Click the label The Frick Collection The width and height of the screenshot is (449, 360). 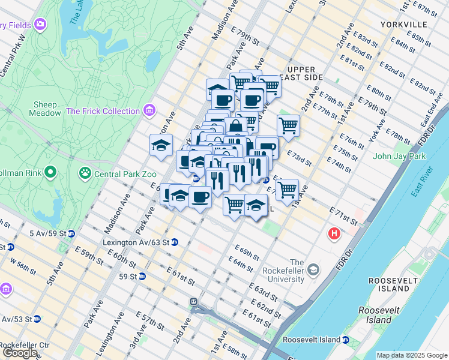tap(103, 111)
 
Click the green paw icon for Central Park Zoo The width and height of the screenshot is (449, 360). tap(85, 174)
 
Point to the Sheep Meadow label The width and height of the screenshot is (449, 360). tap(45, 108)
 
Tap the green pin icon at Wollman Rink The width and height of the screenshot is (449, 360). tap(50, 173)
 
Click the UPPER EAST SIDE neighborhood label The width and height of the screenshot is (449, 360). tap(305, 73)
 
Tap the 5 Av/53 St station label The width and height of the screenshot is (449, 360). tap(16, 319)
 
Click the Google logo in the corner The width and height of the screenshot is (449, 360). tap(20, 352)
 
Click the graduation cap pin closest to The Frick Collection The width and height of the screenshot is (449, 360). tap(160, 145)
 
